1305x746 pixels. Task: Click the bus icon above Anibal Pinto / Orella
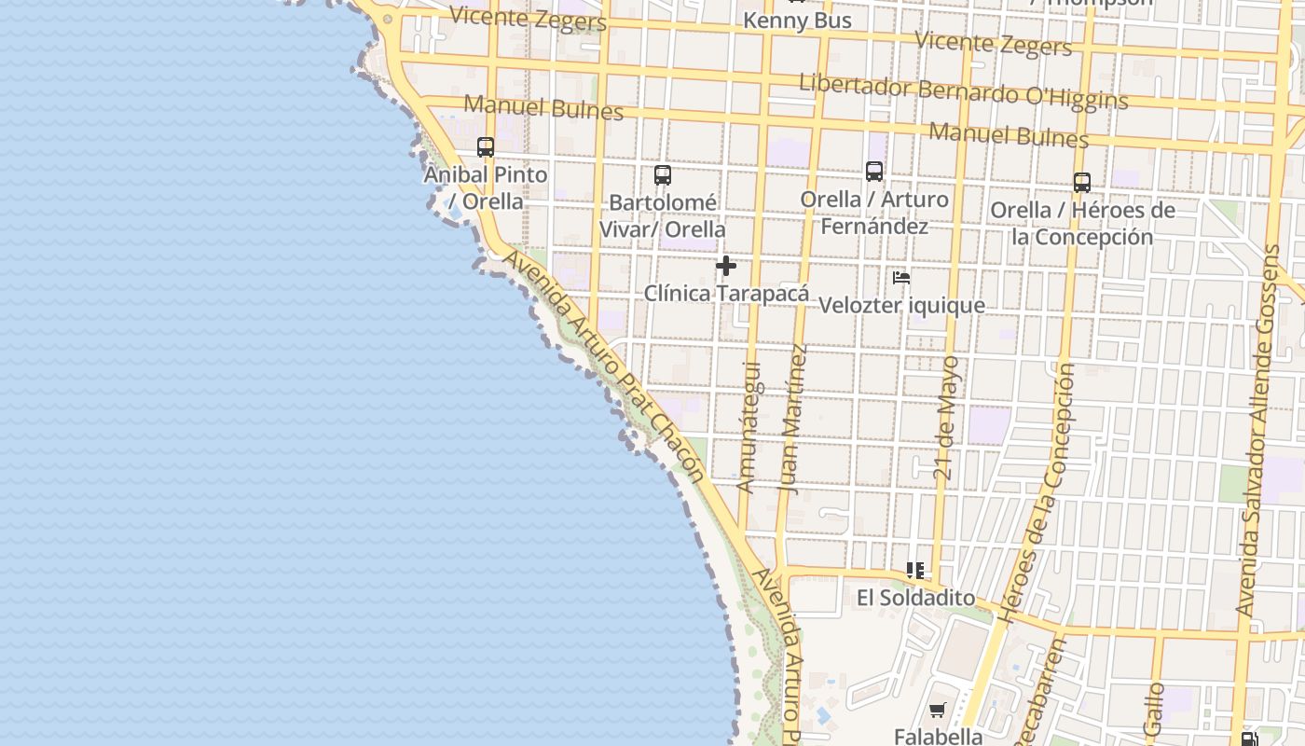486,147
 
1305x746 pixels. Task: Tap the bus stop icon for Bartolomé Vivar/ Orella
663,175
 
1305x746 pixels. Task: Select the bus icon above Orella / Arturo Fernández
874,172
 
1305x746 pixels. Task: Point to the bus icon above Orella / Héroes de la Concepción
1082,183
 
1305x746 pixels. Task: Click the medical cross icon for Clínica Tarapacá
726,267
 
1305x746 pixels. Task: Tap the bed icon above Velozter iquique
900,278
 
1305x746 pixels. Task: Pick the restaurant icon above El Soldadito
915,571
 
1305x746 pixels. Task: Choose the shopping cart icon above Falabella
938,711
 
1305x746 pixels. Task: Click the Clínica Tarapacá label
727,294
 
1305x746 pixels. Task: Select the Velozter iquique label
901,306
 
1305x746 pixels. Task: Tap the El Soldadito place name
915,598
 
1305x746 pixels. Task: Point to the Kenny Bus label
798,21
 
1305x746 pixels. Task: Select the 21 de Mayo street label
947,417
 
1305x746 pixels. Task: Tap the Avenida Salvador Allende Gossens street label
1259,430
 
